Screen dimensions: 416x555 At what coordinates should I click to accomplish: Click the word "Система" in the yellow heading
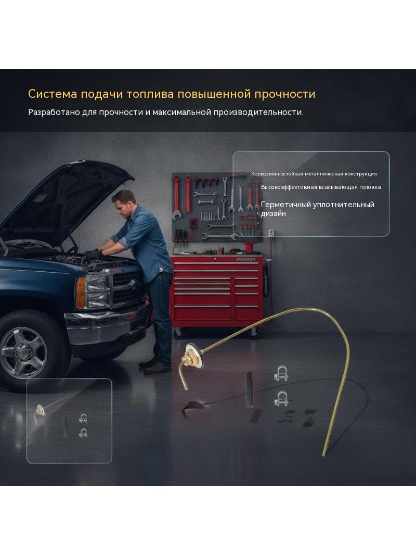(53, 94)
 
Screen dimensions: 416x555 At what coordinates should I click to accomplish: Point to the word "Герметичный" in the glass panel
(285, 205)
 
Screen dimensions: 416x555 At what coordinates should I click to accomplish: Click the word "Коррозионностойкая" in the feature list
(277, 174)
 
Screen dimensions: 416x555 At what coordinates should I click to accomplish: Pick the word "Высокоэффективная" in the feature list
(289, 187)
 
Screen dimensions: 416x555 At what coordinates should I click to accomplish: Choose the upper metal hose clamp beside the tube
(281, 374)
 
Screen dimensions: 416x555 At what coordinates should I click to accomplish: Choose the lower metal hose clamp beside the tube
(281, 399)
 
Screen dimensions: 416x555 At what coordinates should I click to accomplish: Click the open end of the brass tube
(324, 455)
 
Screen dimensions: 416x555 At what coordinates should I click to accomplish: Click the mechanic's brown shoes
(155, 367)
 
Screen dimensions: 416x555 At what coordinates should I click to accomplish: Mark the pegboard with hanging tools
(217, 207)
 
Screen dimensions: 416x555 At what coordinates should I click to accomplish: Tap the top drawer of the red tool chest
(216, 263)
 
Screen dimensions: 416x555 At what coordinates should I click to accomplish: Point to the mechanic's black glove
(93, 255)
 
